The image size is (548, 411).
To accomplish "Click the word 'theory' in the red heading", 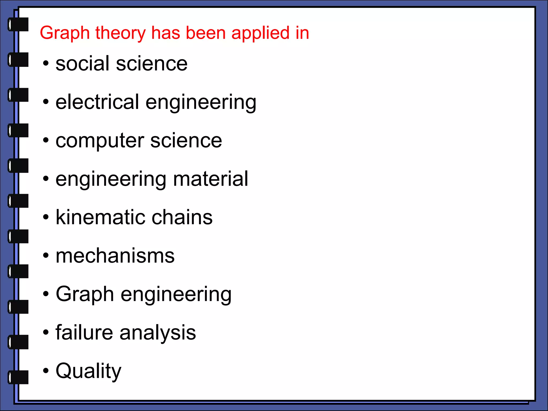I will click(120, 33).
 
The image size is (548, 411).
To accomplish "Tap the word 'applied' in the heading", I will click(260, 33).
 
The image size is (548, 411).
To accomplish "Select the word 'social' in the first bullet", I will click(82, 64).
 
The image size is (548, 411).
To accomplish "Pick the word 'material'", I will click(211, 179).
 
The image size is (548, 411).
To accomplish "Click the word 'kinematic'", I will click(100, 217).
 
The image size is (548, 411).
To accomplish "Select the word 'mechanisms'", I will click(115, 256).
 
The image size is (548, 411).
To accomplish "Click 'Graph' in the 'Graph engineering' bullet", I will click(85, 294).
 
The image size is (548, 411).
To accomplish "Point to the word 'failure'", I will click(84, 332).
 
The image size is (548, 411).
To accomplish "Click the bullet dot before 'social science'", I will click(46, 64).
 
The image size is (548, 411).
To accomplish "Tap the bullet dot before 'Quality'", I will click(46, 371).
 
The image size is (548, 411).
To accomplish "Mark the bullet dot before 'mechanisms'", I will click(46, 256).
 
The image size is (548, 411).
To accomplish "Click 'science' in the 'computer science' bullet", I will click(186, 140).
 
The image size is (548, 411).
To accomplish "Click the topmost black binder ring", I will click(18, 24).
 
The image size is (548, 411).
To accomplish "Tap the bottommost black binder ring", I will click(18, 377).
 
